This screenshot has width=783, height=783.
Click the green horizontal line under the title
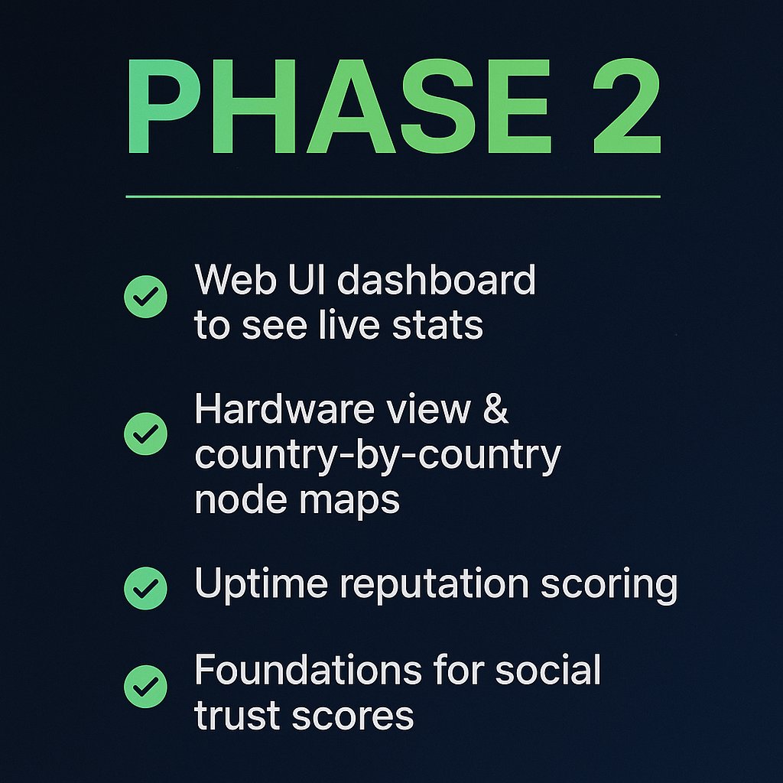(x=392, y=197)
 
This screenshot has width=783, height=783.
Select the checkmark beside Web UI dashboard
(x=145, y=296)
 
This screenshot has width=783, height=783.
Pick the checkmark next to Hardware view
(x=145, y=434)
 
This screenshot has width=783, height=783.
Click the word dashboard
(x=437, y=280)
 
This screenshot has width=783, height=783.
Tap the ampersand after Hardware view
(x=495, y=410)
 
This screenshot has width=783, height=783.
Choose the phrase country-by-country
(x=377, y=456)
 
